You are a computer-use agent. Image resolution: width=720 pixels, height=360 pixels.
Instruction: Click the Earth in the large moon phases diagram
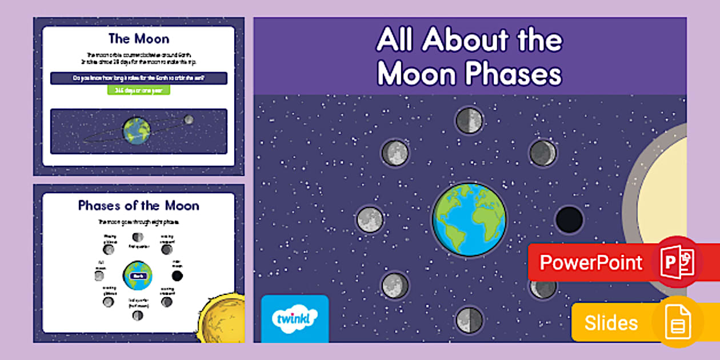click(469, 220)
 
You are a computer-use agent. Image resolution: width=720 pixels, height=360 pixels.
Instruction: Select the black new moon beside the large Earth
click(569, 219)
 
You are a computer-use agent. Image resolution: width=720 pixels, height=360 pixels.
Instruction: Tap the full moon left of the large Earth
click(370, 219)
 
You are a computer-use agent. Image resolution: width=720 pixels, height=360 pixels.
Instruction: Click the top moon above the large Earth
click(469, 121)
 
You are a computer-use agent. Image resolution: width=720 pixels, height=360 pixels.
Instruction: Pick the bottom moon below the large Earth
click(469, 319)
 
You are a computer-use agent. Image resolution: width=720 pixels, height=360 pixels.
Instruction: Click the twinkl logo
click(294, 318)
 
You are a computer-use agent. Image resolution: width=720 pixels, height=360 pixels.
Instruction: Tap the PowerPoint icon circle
click(679, 261)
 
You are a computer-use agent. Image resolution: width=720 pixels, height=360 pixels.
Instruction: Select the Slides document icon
click(678, 323)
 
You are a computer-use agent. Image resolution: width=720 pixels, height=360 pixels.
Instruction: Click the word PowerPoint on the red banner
click(591, 263)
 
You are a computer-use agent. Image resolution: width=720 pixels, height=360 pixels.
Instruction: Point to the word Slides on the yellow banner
click(611, 323)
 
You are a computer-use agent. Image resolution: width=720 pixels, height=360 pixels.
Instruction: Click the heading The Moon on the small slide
click(139, 39)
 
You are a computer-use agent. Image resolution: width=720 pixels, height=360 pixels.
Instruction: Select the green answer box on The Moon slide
click(139, 90)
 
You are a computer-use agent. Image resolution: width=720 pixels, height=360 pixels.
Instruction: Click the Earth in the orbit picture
click(137, 131)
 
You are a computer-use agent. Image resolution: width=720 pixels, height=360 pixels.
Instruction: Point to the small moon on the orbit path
click(189, 119)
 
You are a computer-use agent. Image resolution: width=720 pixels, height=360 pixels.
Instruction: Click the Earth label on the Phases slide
click(137, 275)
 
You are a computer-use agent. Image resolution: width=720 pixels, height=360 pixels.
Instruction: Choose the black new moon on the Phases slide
click(177, 276)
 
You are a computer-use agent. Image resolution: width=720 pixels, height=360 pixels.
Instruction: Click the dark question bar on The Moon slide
click(139, 78)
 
